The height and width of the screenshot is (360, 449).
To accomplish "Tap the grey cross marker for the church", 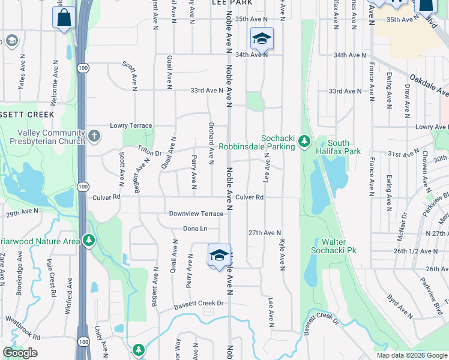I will [94, 136].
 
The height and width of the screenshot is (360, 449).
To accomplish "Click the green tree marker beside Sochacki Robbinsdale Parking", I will [305, 142].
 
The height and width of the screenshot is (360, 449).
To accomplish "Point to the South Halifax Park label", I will [344, 147].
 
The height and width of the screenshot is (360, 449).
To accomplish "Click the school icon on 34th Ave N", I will [262, 39].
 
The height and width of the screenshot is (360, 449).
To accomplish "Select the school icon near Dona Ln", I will [219, 256].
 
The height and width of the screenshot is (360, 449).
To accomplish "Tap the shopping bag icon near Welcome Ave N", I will [65, 18].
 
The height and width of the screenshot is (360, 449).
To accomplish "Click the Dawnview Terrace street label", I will [196, 214].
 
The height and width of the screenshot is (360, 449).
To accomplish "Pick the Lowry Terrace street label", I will [131, 126].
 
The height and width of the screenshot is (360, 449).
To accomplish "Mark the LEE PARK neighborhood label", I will [231, 3].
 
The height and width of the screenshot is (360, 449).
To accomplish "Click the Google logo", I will [20, 352].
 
